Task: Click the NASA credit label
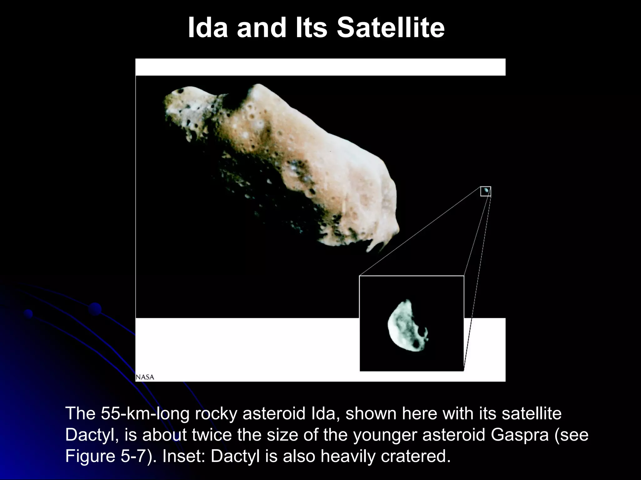pos(145,377)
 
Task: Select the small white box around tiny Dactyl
pos(485,191)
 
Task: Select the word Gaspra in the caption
pos(520,435)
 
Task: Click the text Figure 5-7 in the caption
pos(106,456)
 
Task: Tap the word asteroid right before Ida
pos(274,413)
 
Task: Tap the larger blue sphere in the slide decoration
pos(95,309)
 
